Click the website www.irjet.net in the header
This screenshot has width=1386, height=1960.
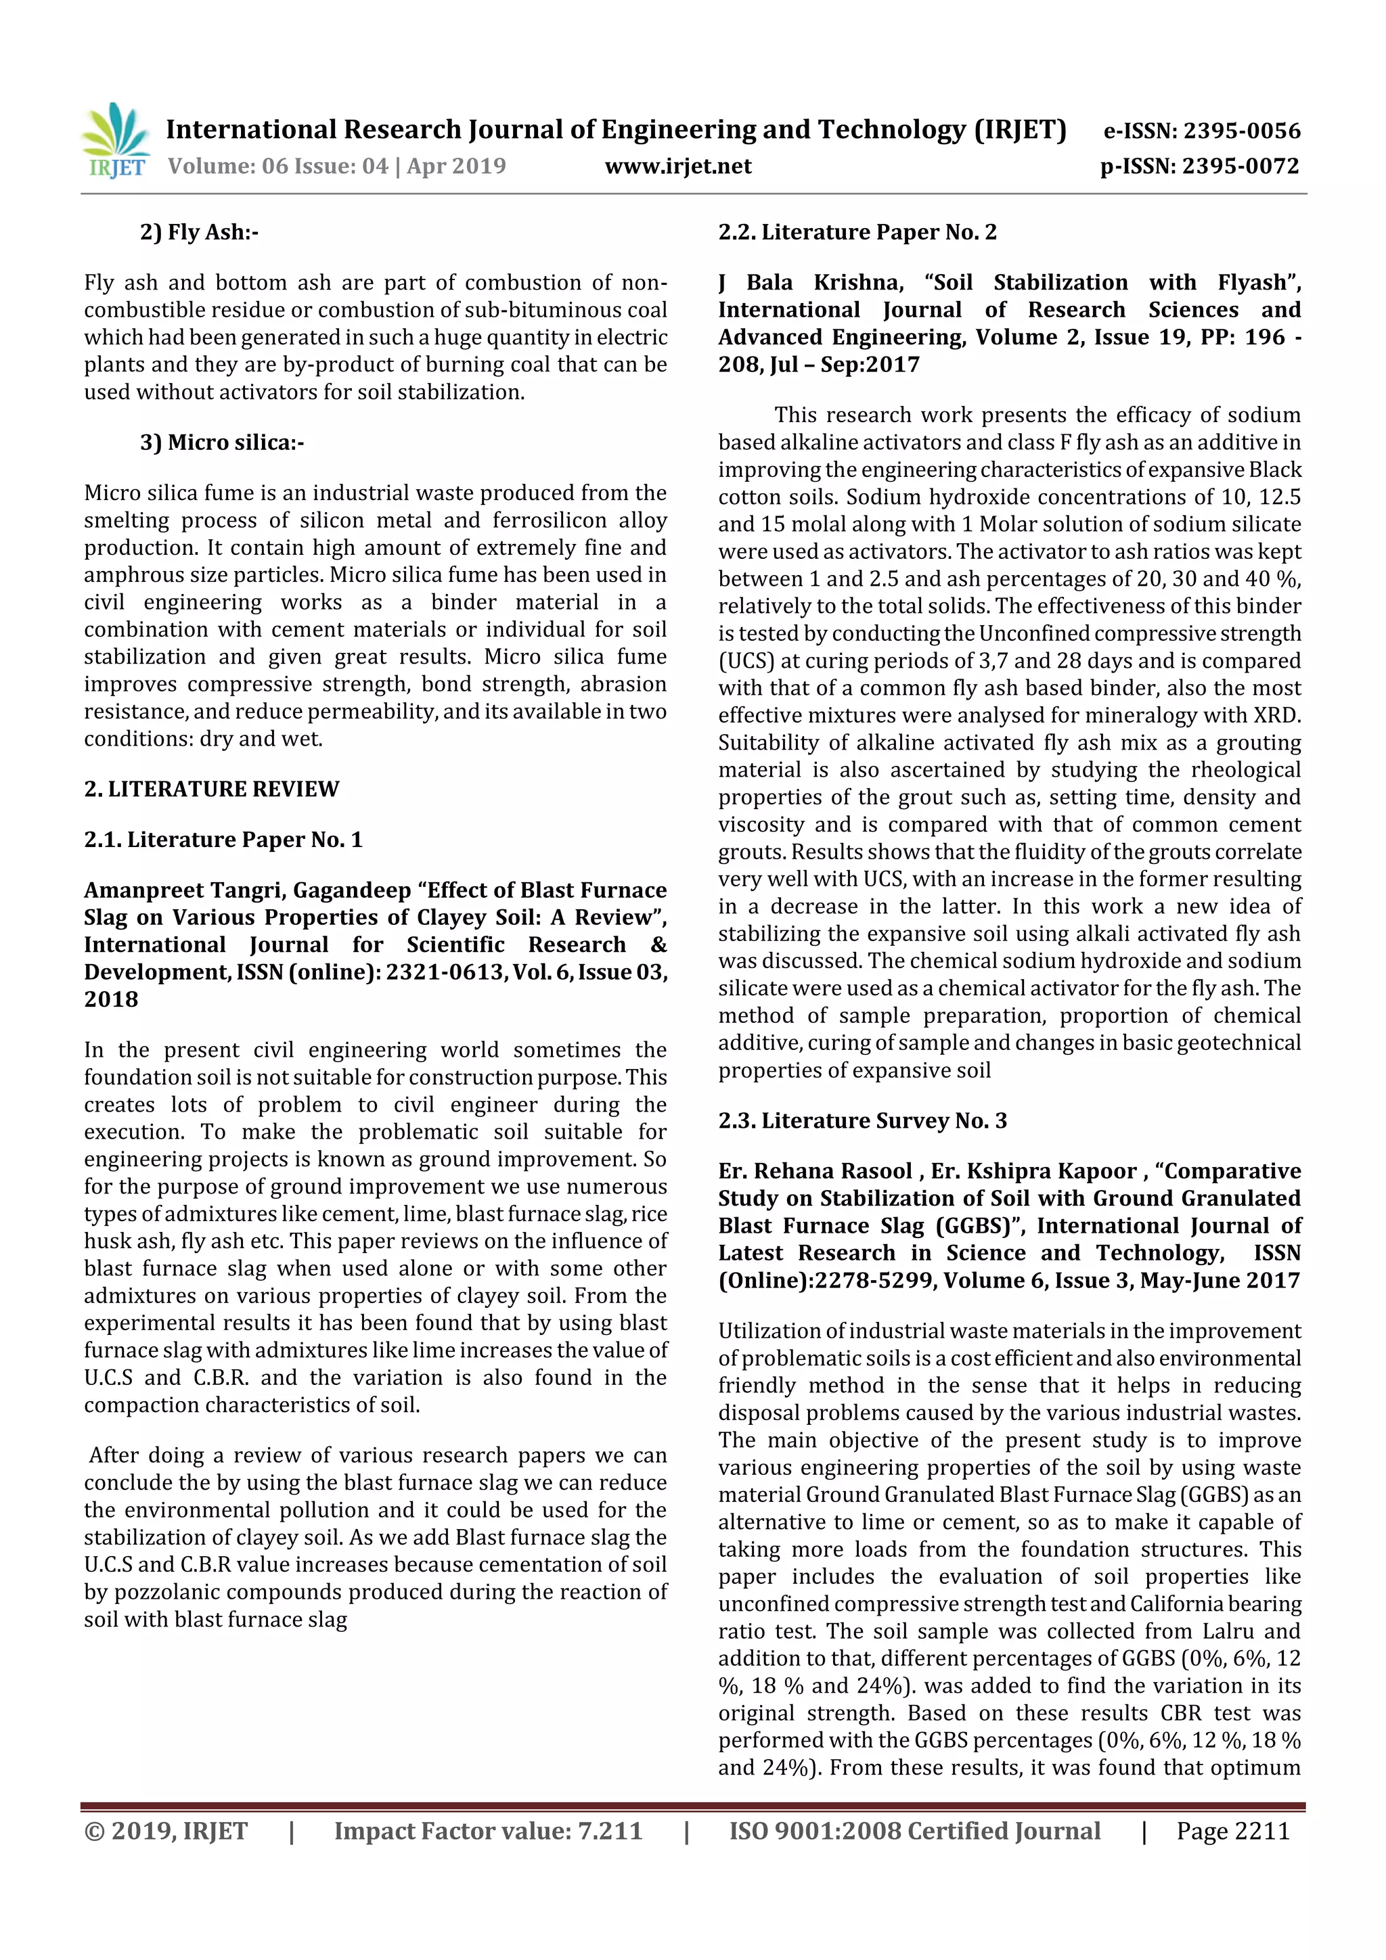point(678,166)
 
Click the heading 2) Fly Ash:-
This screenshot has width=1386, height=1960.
point(199,232)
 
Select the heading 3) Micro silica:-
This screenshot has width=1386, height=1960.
point(222,442)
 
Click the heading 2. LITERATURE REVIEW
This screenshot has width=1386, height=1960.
point(211,789)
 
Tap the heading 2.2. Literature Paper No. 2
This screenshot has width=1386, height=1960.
point(857,232)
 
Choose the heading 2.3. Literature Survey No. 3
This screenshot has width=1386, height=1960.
point(862,1121)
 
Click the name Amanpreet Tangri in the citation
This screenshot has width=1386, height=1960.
point(183,890)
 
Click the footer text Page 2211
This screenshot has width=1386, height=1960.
point(1232,1831)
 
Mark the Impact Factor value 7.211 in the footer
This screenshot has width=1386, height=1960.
point(610,1831)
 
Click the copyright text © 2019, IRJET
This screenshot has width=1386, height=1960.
point(166,1831)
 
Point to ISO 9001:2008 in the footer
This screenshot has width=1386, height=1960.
point(815,1831)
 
